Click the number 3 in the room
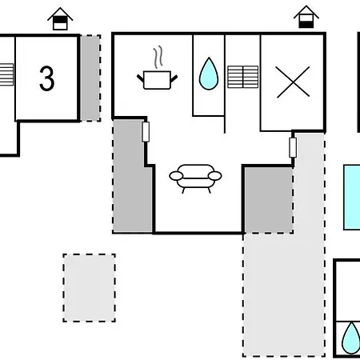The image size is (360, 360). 47,78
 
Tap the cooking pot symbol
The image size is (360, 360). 157,80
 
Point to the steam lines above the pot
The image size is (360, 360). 158,57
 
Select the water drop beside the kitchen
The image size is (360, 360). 209,74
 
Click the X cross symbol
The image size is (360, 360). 293,82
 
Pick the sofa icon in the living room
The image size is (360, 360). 195,178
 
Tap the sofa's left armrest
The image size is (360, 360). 176,176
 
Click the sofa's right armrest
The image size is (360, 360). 214,176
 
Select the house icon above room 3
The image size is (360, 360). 60,18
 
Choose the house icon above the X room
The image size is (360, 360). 306,17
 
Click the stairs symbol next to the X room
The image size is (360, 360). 243,77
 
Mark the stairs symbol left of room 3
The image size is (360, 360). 6,74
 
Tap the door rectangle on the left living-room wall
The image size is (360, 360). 146,132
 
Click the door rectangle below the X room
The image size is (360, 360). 293,147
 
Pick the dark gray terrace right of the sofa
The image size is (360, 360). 269,200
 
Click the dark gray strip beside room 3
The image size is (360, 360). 90,78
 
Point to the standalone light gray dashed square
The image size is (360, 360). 90,288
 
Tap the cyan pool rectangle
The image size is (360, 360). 352,197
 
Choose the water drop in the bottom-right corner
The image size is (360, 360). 351,338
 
